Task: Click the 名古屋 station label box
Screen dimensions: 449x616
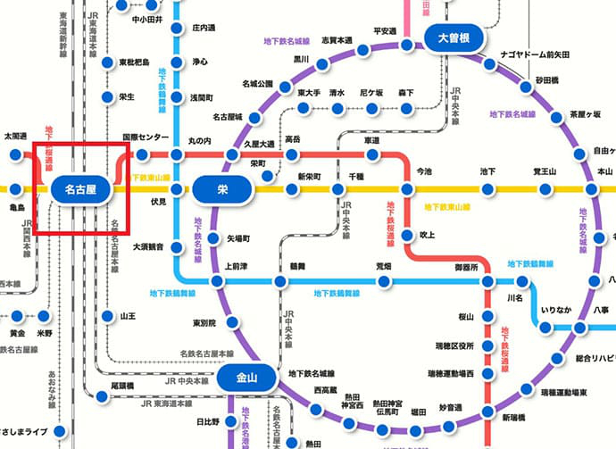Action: pyautogui.click(x=79, y=189)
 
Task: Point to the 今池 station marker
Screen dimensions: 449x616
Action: pyautogui.click(x=406, y=189)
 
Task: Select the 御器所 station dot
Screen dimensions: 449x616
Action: pyautogui.click(x=487, y=281)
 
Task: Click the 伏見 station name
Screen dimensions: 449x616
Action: pyautogui.click(x=158, y=203)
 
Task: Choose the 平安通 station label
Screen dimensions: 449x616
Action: pyautogui.click(x=385, y=31)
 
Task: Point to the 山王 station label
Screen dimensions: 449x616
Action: pyautogui.click(x=128, y=316)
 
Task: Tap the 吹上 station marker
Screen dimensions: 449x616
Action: pyautogui.click(x=406, y=236)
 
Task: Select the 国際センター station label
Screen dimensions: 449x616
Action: pyautogui.click(x=145, y=137)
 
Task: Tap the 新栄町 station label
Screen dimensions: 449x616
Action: pyautogui.click(x=309, y=176)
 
